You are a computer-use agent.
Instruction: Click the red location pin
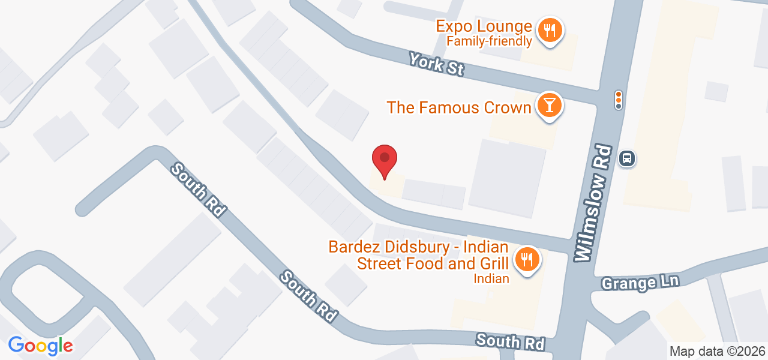click(385, 160)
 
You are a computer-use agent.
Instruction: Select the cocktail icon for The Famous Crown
click(549, 105)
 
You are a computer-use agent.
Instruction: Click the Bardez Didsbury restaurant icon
click(527, 259)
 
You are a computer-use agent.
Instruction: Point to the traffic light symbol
click(619, 100)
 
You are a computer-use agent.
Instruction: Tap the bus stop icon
click(627, 158)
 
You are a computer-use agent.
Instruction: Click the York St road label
click(436, 64)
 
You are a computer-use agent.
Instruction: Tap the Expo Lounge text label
click(484, 26)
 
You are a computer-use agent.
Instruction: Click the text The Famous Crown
click(459, 107)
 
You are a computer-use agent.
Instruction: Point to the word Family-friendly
click(489, 41)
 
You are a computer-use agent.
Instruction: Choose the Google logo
click(40, 346)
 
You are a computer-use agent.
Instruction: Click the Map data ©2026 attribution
click(717, 351)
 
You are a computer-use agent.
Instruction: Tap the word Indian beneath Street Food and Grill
click(491, 278)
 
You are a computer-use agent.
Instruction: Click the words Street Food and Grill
click(433, 263)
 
